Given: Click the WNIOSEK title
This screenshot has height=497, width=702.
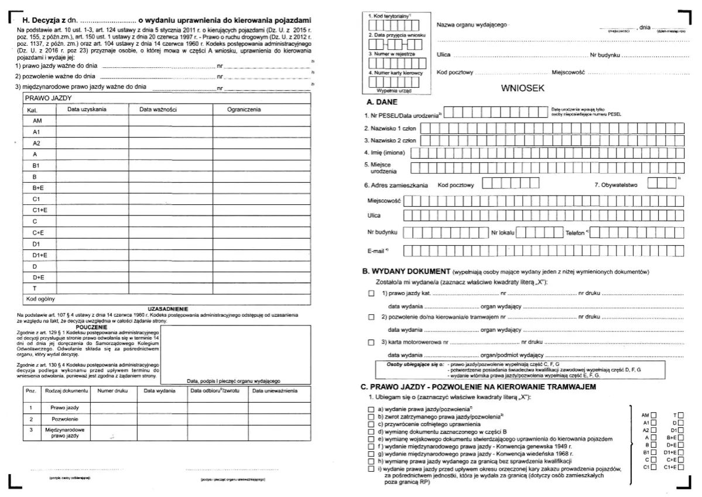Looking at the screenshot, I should (523, 89).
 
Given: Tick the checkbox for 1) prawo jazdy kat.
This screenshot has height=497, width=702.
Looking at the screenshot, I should (370, 292).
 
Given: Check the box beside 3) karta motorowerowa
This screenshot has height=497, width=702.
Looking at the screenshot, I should (370, 341).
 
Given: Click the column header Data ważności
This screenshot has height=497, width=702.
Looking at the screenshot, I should (158, 109).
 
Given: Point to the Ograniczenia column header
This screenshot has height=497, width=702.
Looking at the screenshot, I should (244, 109).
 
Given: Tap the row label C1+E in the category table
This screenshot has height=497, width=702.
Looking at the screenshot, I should (40, 210).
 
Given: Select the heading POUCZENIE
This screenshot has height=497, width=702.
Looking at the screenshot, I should (91, 327).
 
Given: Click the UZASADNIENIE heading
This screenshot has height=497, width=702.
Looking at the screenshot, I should (167, 308).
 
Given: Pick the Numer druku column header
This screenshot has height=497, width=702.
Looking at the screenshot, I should (113, 390).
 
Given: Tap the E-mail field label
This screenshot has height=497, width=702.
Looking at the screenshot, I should (378, 251).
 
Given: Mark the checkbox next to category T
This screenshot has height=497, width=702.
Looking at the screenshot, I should (681, 414).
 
